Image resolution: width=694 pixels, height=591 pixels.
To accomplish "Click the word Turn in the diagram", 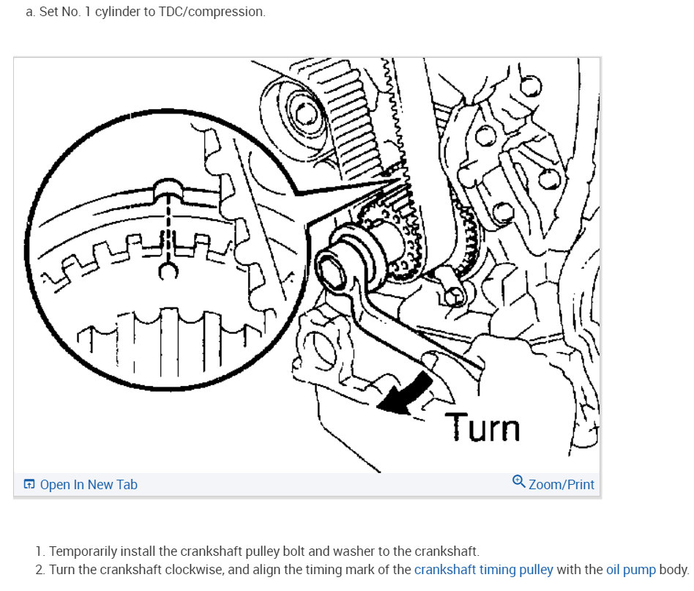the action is pyautogui.click(x=482, y=428).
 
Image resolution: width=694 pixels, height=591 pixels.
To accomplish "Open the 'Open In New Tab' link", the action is pyautogui.click(x=89, y=484).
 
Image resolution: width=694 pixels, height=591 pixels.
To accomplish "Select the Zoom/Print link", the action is pyautogui.click(x=561, y=484).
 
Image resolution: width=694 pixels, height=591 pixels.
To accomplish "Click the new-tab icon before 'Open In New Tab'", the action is pyautogui.click(x=29, y=484).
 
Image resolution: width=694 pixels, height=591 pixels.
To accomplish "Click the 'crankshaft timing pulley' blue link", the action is pyautogui.click(x=484, y=569).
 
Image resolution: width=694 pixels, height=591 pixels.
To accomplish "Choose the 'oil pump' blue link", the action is pyautogui.click(x=630, y=569).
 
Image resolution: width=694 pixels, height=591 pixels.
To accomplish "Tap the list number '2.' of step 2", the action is pyautogui.click(x=40, y=569).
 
